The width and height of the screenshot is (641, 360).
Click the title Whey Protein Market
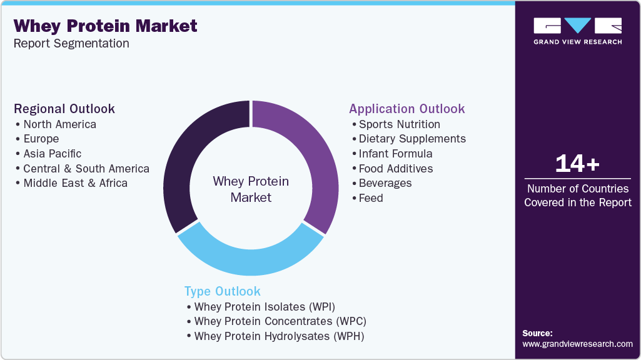(x=105, y=26)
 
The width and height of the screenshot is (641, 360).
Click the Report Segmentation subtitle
(x=71, y=44)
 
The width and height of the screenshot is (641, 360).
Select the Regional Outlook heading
(x=64, y=109)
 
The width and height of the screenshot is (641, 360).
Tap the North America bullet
(x=59, y=124)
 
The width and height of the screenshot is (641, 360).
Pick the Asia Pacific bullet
(x=52, y=154)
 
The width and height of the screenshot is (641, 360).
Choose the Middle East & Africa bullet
(x=75, y=183)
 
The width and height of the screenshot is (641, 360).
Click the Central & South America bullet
(x=86, y=169)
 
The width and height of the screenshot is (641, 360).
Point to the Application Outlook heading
(x=406, y=109)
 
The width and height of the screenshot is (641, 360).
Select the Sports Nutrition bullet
(x=399, y=124)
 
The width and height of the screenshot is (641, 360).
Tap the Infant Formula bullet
(x=395, y=154)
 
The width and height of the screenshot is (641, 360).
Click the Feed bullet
(x=371, y=198)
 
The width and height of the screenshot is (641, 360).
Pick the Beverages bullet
(x=385, y=183)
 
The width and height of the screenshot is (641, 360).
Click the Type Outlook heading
(x=222, y=291)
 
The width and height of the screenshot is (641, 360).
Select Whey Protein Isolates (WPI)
(x=265, y=306)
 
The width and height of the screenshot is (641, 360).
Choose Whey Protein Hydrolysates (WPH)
(x=279, y=336)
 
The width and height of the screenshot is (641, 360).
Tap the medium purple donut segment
(x=306, y=156)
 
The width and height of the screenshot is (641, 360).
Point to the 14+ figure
(x=577, y=164)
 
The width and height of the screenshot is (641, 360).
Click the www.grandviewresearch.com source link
(x=577, y=344)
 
